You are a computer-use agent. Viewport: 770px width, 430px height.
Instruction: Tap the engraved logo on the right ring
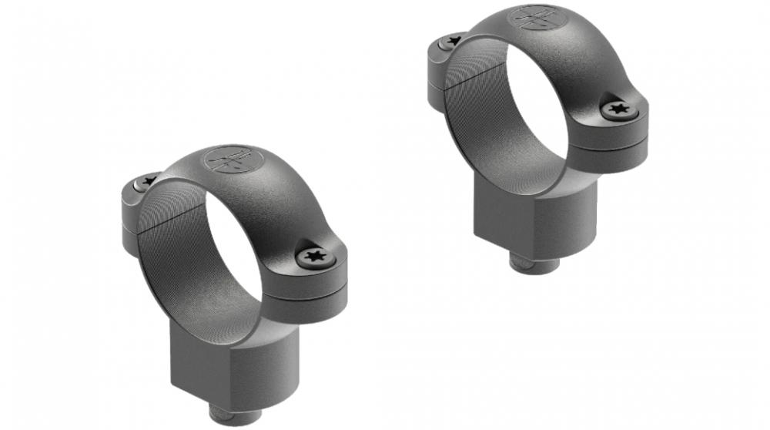pos(533,16)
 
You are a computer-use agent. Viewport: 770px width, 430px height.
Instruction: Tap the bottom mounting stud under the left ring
pos(236,417)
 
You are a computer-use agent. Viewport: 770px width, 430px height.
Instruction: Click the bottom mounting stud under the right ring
pos(534,265)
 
